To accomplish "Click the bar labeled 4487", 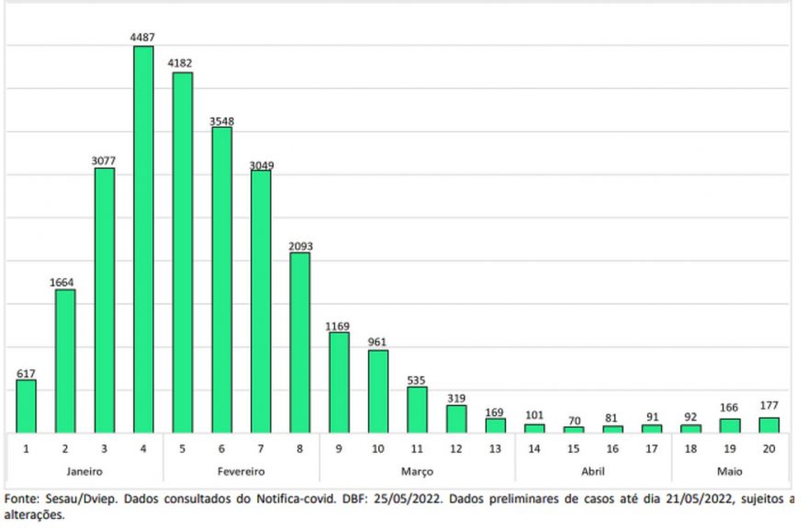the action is pos(143,240).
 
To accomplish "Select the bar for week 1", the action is pos(27,407).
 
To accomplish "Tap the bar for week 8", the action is pos(300,343).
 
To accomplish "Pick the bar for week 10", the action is pos(378,391).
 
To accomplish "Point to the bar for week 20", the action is pos(769,425).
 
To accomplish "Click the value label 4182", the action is pos(180,63).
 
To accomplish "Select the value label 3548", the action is pos(221,121).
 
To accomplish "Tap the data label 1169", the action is pos(338,326).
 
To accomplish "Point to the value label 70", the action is pos(574,421).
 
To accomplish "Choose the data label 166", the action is pos(729,408).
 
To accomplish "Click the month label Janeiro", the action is pos(84,471).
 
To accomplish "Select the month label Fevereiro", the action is pos(241,471).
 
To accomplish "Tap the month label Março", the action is pos(417,471).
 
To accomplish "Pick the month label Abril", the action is pos(592,471).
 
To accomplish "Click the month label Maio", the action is pos(730,471).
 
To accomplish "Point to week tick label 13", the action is pos(495,449).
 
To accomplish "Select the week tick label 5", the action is pos(183,449).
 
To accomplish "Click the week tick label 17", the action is pos(651,449).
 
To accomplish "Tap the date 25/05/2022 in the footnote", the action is pos(408,499).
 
